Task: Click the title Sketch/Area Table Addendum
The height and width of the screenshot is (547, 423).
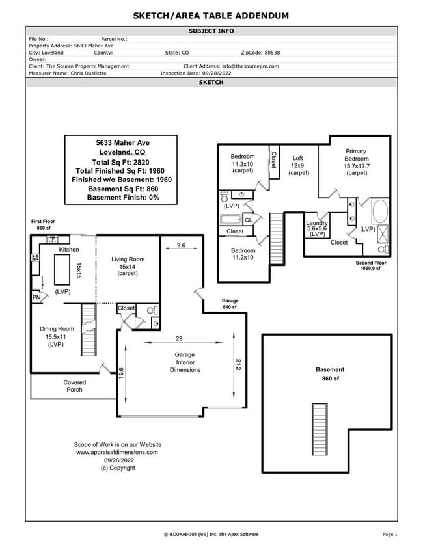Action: [x=211, y=16]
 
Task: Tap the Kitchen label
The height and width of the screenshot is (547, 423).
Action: [x=69, y=250]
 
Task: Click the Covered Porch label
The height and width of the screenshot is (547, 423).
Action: [x=74, y=386]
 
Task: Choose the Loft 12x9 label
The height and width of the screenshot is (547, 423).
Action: [x=298, y=165]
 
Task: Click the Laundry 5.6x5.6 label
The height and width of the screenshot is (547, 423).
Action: [x=317, y=228]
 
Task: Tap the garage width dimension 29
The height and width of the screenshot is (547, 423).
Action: [x=178, y=338]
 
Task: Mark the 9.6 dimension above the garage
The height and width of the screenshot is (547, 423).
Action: [x=181, y=246]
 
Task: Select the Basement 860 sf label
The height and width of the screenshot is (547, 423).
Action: [x=330, y=373]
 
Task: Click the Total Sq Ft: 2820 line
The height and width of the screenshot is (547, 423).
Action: [x=120, y=161]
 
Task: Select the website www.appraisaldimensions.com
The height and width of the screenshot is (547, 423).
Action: [x=117, y=451]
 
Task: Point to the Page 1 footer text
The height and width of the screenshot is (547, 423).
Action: [x=390, y=534]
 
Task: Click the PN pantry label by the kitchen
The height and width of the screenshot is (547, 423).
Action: [x=36, y=298]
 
